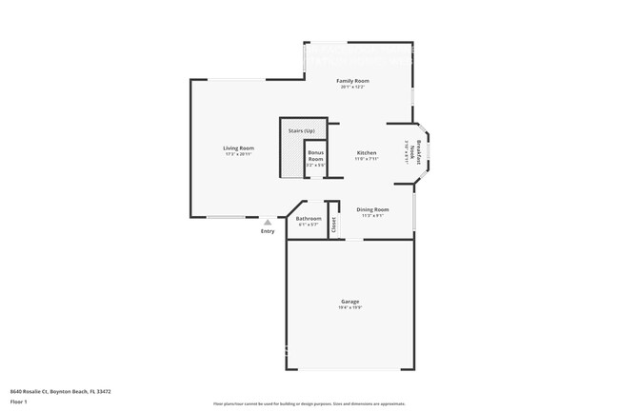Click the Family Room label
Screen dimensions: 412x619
pyautogui.click(x=352, y=81)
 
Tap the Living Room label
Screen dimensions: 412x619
pyautogui.click(x=238, y=148)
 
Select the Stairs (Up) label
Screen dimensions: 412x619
pyautogui.click(x=302, y=130)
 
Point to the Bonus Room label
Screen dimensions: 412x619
pyautogui.click(x=315, y=155)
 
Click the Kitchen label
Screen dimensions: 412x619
pyautogui.click(x=367, y=153)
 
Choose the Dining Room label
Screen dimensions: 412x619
pyautogui.click(x=372, y=209)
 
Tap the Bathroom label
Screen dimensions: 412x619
pyautogui.click(x=309, y=219)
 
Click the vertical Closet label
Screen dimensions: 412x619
pyautogui.click(x=333, y=225)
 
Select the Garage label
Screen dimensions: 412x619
pyautogui.click(x=350, y=301)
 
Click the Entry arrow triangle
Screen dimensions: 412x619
pyautogui.click(x=268, y=223)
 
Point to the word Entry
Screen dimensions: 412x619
pyautogui.click(x=268, y=231)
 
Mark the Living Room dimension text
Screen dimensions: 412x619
pyautogui.click(x=238, y=154)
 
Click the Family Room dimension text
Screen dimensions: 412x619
pyautogui.click(x=352, y=87)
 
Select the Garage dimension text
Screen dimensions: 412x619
pyautogui.click(x=350, y=306)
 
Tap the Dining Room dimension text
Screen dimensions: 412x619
pyautogui.click(x=372, y=215)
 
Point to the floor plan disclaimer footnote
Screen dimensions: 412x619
pyautogui.click(x=309, y=404)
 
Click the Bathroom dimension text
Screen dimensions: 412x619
pyautogui.click(x=309, y=225)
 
